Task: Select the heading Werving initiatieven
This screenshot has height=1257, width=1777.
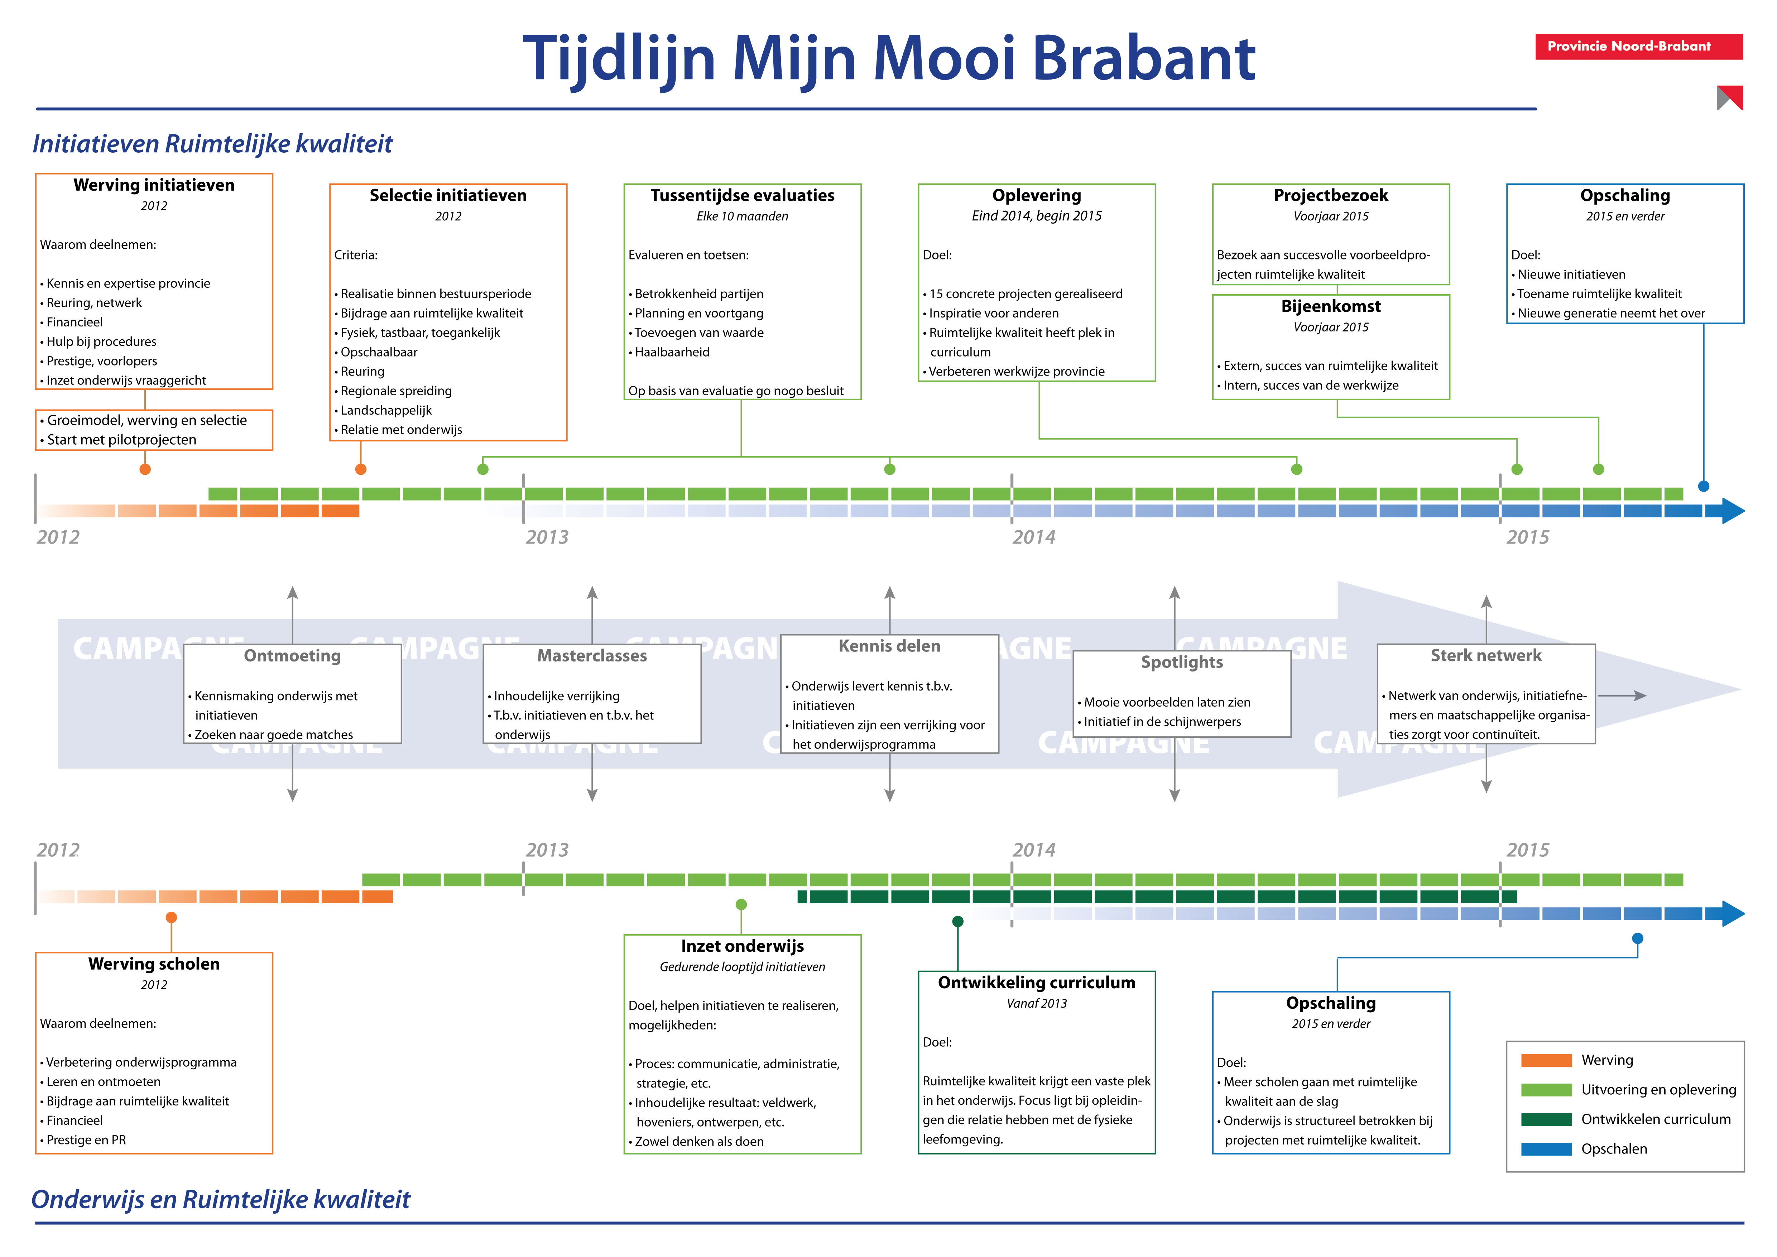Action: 154,185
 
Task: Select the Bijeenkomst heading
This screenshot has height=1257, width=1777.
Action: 1330,306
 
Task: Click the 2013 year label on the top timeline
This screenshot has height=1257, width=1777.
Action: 547,537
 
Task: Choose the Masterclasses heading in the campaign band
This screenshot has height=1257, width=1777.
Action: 592,656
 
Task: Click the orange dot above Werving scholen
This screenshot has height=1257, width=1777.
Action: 171,917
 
